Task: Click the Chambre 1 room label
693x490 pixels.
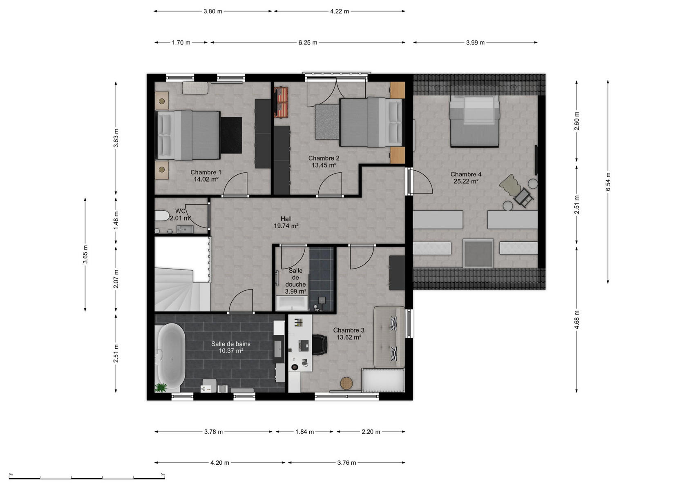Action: (206, 172)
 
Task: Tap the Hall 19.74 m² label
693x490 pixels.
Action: (286, 222)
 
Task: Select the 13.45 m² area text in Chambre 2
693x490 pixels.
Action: (324, 165)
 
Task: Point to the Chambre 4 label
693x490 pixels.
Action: (466, 174)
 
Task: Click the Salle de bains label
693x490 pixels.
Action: (231, 344)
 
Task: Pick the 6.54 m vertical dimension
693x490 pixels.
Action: (608, 182)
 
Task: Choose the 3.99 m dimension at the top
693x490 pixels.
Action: (475, 42)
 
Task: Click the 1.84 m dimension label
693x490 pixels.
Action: (304, 432)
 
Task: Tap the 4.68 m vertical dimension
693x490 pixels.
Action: (577, 320)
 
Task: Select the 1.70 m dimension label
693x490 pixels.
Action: (181, 42)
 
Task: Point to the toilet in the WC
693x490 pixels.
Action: (162, 216)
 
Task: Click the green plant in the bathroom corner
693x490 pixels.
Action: (161, 388)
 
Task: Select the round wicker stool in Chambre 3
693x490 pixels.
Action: (346, 383)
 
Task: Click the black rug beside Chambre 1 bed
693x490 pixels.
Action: (231, 135)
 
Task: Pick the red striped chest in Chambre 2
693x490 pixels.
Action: (281, 102)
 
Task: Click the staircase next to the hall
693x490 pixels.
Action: (183, 289)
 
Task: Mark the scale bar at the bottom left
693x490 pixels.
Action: (87, 478)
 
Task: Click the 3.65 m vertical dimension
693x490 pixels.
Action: (85, 254)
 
